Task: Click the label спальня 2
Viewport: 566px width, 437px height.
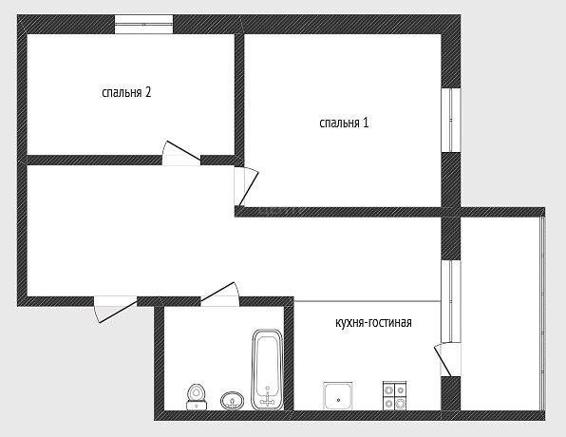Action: click(x=126, y=93)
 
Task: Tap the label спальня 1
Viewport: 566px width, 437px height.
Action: click(x=344, y=123)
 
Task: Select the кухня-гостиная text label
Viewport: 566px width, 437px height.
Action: click(x=373, y=322)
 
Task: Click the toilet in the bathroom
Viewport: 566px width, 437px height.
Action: click(x=197, y=397)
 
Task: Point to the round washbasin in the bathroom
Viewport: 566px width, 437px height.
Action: click(x=232, y=401)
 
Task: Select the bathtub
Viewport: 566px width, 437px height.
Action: click(x=267, y=370)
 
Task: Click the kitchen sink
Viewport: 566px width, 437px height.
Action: click(x=338, y=396)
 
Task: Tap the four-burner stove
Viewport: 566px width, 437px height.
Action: click(x=395, y=396)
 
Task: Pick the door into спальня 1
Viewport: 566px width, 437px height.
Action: click(x=247, y=187)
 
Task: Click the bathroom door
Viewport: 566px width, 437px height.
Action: click(x=219, y=294)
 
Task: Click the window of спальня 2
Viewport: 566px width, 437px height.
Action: click(x=143, y=24)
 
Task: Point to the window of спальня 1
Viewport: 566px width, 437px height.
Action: click(x=451, y=120)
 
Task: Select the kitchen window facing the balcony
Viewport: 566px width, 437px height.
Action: click(x=451, y=301)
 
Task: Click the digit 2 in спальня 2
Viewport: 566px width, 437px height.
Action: click(x=147, y=92)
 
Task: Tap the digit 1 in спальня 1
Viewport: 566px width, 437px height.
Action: click(x=366, y=123)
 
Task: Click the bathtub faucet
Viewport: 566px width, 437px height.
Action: click(x=268, y=396)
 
